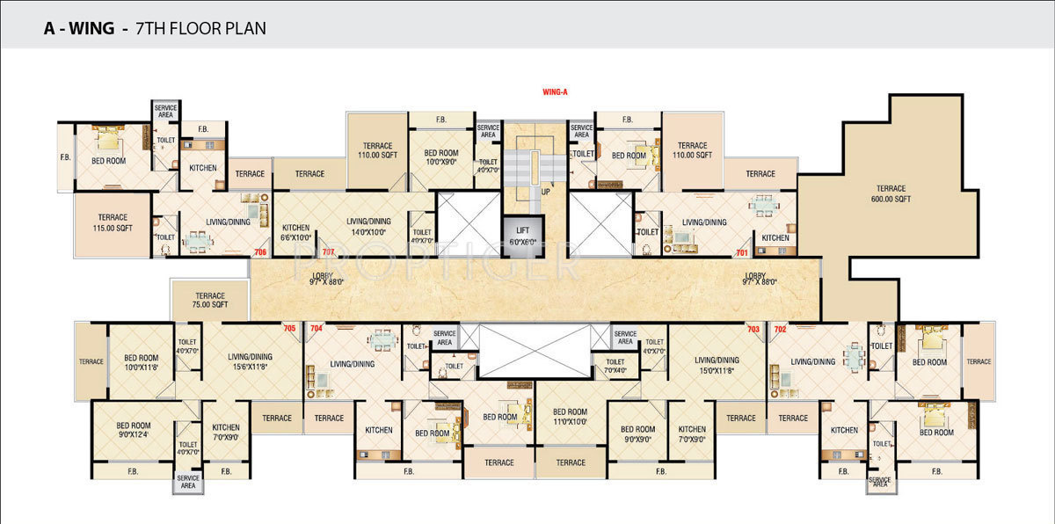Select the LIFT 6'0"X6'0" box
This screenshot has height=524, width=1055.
coord(522,235)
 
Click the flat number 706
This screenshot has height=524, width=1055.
coord(259,252)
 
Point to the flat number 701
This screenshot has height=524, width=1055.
coord(741,252)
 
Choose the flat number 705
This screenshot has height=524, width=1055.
coord(289,328)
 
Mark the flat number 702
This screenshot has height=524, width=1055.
coord(779,328)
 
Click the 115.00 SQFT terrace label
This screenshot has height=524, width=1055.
coord(113,222)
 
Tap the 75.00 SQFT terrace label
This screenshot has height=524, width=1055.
coord(210,301)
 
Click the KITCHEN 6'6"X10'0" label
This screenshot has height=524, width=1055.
coord(295,232)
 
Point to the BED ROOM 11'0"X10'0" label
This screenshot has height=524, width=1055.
coord(570,417)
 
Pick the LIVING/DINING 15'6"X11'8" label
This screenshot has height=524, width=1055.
coord(250,361)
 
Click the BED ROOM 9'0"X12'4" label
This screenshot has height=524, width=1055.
coord(136,431)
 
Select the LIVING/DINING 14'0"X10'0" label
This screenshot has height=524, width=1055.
coord(367,227)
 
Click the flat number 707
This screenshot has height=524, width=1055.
coord(329,252)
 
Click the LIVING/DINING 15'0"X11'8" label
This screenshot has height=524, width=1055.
coord(717,365)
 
